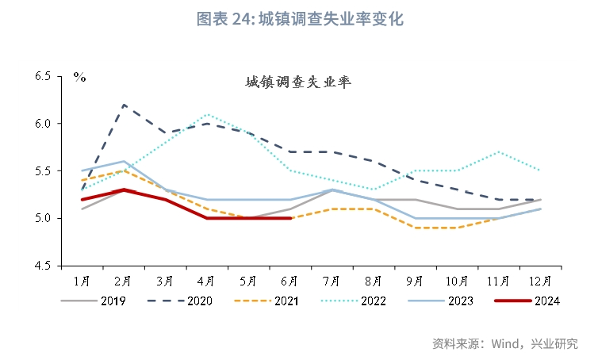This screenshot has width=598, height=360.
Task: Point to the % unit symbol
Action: tap(79, 77)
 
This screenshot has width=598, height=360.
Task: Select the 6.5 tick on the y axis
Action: tap(43, 77)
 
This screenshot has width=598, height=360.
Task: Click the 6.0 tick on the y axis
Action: tap(43, 124)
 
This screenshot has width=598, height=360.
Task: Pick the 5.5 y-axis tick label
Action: tap(43, 170)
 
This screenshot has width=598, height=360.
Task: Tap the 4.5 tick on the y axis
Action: tap(43, 265)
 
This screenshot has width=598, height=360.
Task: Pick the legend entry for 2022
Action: tap(355, 301)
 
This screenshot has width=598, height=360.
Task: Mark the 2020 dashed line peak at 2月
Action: tap(124, 105)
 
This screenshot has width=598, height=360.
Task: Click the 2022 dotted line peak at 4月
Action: tap(207, 114)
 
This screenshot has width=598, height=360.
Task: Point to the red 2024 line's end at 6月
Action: tap(290, 218)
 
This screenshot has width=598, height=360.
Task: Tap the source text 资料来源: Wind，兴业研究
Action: tap(504, 343)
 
